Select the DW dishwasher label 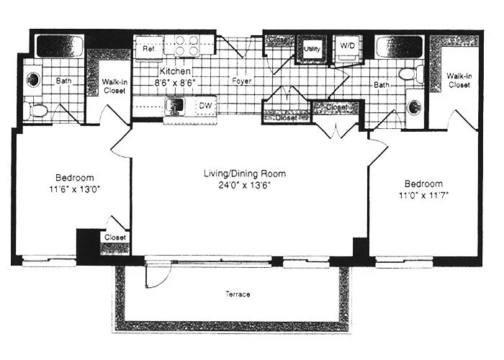(x=206, y=104)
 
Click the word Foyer (x=240, y=81)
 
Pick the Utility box (x=312, y=49)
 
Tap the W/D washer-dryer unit (x=348, y=47)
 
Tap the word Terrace (x=238, y=294)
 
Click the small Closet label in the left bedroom (x=114, y=237)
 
